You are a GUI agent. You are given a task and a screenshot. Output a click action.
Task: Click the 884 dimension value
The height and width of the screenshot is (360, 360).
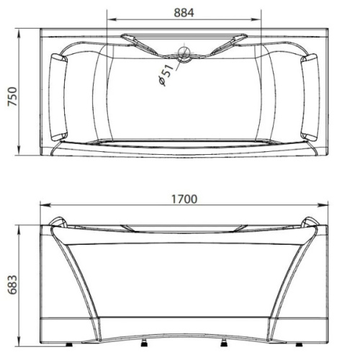pos(184,13)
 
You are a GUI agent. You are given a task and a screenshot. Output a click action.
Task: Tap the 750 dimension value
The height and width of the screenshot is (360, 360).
pos(12,96)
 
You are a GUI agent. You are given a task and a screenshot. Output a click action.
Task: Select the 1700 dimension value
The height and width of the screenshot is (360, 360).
pos(184,199)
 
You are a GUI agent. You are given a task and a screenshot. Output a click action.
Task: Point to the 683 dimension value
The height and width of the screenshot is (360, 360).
pos(12,285)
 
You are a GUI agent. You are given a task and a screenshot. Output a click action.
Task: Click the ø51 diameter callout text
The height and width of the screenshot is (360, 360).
pos(166,75)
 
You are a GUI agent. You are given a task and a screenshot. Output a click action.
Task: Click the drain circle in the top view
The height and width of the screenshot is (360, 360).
pos(184,53)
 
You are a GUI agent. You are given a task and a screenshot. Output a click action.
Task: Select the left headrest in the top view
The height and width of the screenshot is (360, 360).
pos(58,97)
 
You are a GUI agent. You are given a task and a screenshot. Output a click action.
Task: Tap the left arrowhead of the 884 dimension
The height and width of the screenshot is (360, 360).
pos(112,19)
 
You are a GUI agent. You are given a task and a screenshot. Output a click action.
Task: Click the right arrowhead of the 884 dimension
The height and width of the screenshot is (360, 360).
pos(256,19)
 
